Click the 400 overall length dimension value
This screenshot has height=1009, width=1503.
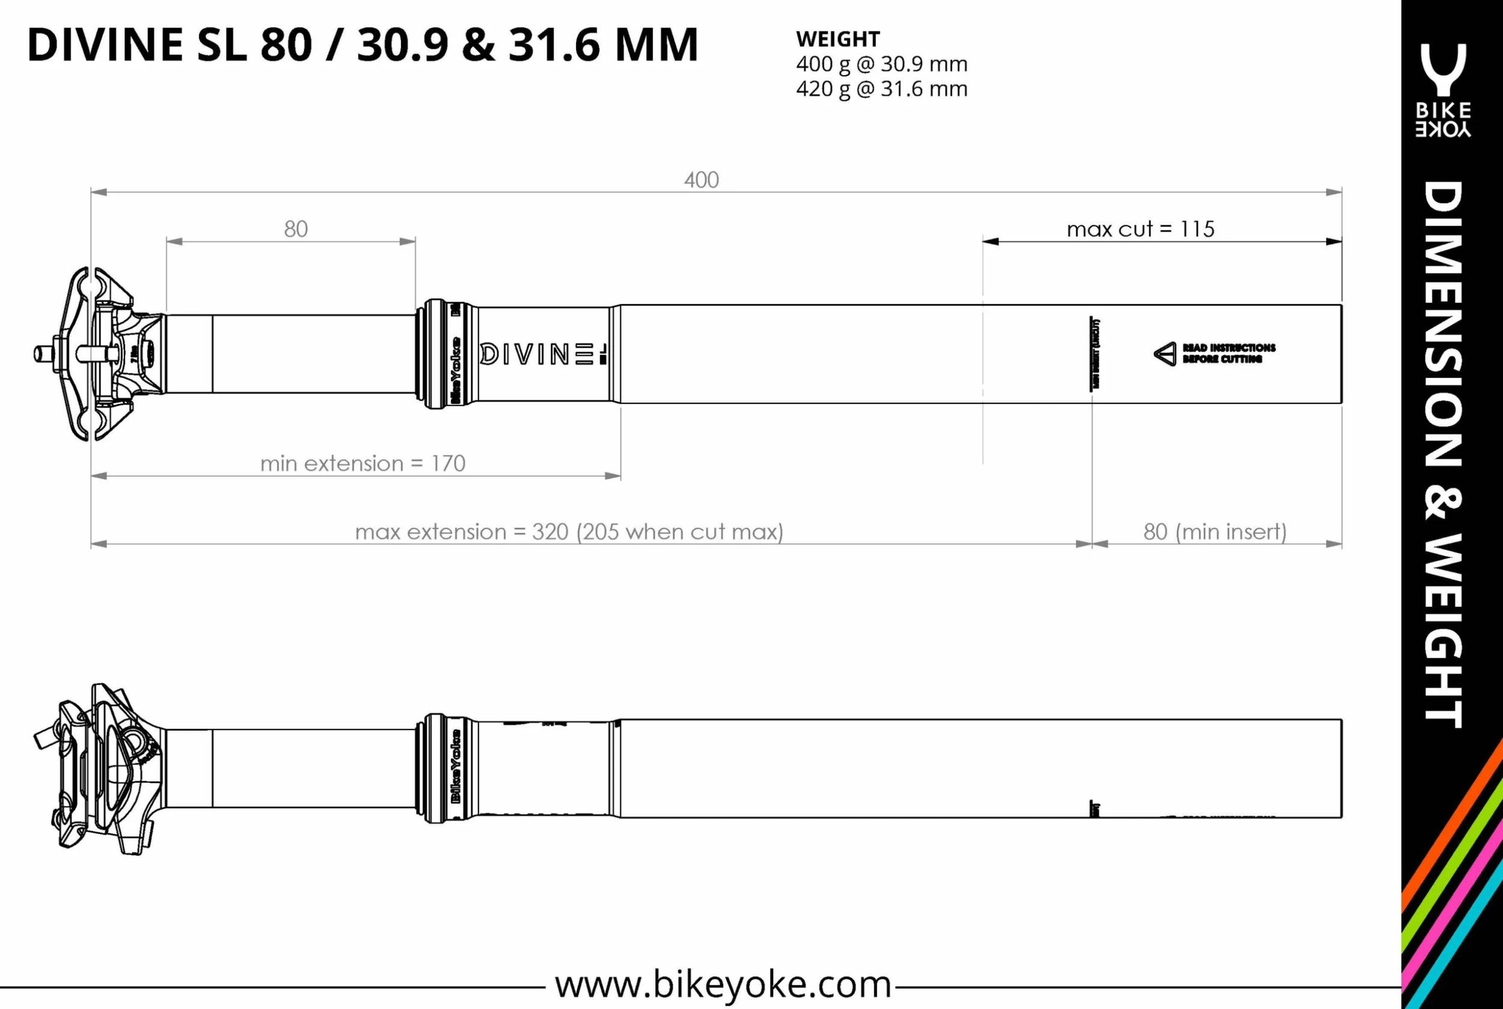point(701,180)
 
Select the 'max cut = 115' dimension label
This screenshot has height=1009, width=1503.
point(1140,229)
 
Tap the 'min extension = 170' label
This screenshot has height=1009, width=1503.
point(363,463)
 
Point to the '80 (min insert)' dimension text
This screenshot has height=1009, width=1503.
point(1214,531)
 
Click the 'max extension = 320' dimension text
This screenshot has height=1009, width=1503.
point(569,531)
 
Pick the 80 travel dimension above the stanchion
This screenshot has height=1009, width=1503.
point(295,229)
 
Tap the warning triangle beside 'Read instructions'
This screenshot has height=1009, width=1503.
point(1165,354)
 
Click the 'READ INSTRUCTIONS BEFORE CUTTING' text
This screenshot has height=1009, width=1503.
point(1228,353)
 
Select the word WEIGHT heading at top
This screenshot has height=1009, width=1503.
point(837,39)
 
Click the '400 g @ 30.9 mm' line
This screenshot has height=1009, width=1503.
point(881,64)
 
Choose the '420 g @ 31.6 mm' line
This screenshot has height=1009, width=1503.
point(881,89)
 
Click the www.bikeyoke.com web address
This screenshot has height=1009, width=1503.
point(723,984)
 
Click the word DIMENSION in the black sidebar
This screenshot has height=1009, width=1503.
point(1443,325)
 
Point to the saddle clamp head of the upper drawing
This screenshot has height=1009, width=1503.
point(100,354)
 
